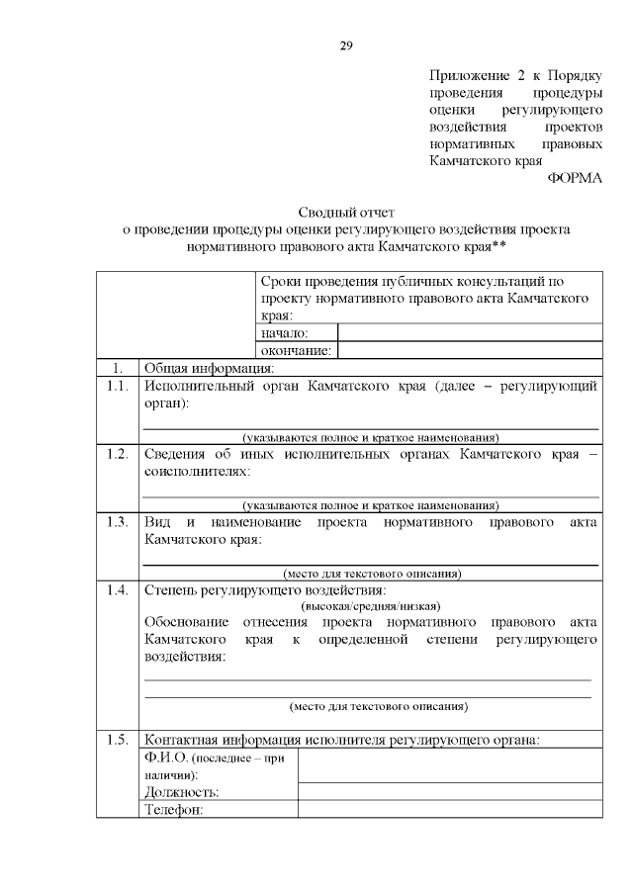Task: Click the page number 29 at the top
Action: coord(346,45)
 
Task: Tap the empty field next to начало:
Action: coord(470,332)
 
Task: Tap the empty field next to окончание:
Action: coord(470,350)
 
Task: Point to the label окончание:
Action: coord(296,350)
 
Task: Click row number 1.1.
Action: coord(117,386)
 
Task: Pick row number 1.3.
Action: coord(117,521)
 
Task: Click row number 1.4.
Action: coord(117,590)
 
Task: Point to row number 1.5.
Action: coord(117,739)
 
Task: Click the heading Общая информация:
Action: coord(209,368)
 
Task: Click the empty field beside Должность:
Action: coord(450,791)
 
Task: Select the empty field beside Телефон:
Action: coord(450,809)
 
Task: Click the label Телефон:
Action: coord(173,810)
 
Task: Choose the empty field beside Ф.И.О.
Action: coord(450,765)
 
